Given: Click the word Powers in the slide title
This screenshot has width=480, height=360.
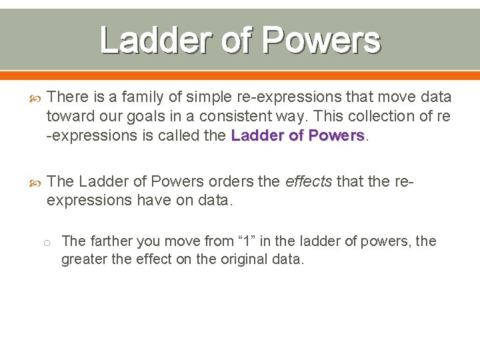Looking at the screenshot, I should tap(321, 40).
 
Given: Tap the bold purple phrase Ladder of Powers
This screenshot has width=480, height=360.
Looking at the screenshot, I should tap(297, 135).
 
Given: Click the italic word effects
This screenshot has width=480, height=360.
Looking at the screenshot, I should tap(309, 181).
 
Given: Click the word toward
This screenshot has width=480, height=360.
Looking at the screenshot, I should tap(67, 116).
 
